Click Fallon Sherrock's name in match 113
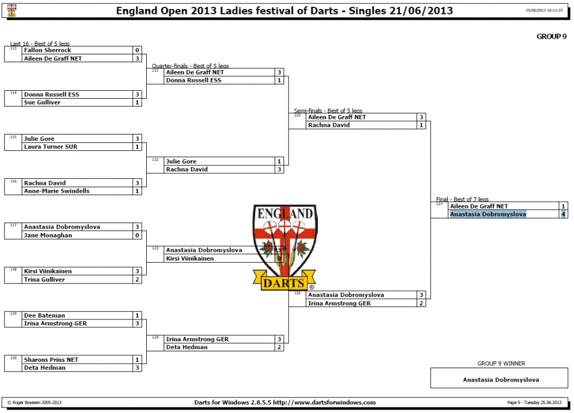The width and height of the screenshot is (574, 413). coord(48,50)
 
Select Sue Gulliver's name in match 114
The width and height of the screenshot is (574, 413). coord(42,103)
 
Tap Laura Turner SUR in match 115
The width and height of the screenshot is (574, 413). coord(50,147)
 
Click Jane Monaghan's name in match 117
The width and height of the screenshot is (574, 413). coord(48,235)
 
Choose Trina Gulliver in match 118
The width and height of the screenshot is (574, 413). coord(44,280)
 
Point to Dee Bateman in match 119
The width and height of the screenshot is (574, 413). coord(41,315)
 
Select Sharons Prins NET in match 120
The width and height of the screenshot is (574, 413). coord(51,360)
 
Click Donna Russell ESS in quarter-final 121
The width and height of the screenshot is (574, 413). coord(194,81)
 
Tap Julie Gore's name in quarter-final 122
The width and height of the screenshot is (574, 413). coord(181,161)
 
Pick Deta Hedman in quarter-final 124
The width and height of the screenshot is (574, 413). coord(187,347)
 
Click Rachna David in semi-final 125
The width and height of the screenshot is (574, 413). coord(329,125)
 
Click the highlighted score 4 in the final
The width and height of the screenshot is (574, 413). coord(563,214)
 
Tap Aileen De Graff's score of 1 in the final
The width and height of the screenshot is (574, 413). coord(563,206)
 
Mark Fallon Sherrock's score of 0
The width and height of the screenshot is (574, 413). coord(137,50)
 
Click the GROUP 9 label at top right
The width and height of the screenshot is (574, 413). coord(552,36)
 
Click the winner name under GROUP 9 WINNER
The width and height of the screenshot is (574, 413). coord(501,380)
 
